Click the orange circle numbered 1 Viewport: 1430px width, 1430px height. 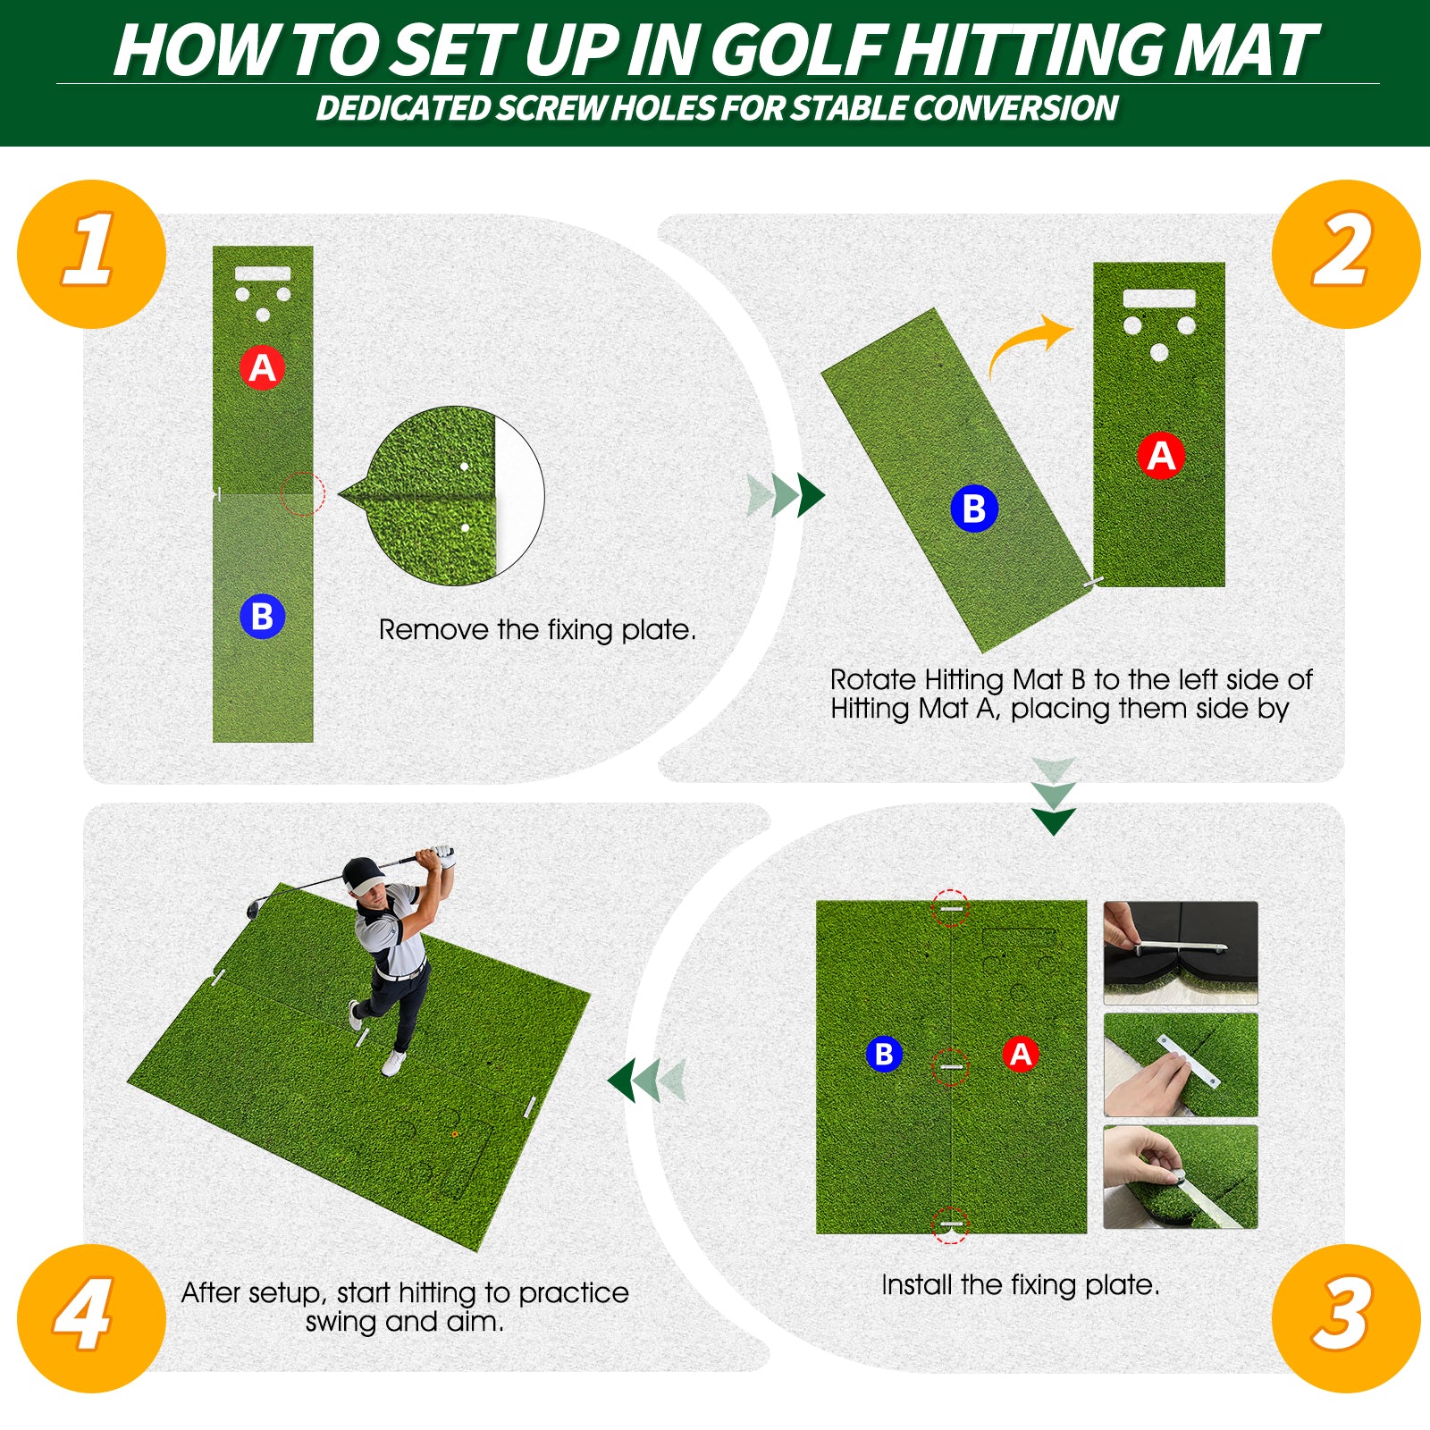coord(91,254)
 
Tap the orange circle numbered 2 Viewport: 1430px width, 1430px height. coord(1345,254)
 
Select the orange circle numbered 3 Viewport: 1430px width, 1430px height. coord(1345,1317)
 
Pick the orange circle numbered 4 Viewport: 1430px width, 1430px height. coord(91,1317)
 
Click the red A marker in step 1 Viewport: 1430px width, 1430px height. coord(262,367)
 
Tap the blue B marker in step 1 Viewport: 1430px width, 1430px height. coord(262,617)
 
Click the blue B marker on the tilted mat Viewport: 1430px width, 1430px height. coord(973,509)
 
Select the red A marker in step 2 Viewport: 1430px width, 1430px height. coord(1160,456)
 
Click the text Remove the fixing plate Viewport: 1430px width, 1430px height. coord(536,629)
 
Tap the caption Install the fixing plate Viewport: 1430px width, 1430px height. coord(1020,1284)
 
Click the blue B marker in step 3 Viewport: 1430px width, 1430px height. coord(883,1054)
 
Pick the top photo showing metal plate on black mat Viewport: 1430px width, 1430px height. coord(1180,952)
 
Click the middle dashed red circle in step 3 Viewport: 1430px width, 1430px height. coord(950,1066)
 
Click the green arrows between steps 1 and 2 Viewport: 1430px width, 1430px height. coord(786,495)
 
